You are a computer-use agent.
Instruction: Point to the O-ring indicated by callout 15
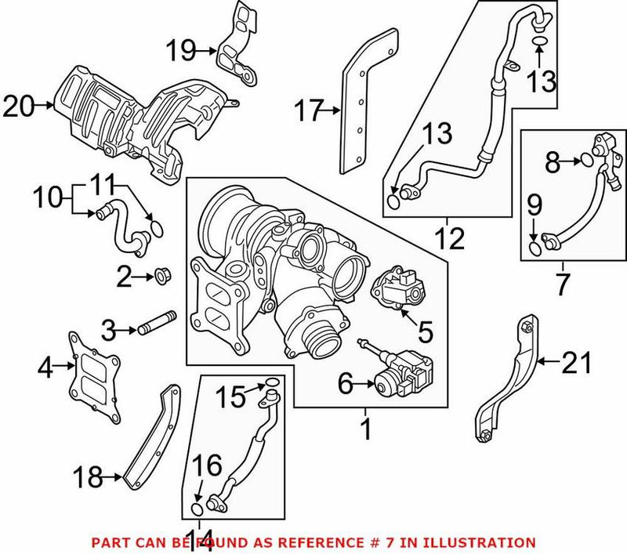point(270,383)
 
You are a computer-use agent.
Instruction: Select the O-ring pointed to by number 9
point(535,249)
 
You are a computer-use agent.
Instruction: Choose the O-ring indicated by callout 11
point(157,228)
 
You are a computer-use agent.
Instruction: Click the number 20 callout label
point(20,105)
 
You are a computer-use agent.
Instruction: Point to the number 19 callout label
point(179,52)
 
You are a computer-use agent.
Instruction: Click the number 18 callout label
point(88,475)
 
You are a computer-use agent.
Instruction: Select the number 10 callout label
point(48,197)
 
